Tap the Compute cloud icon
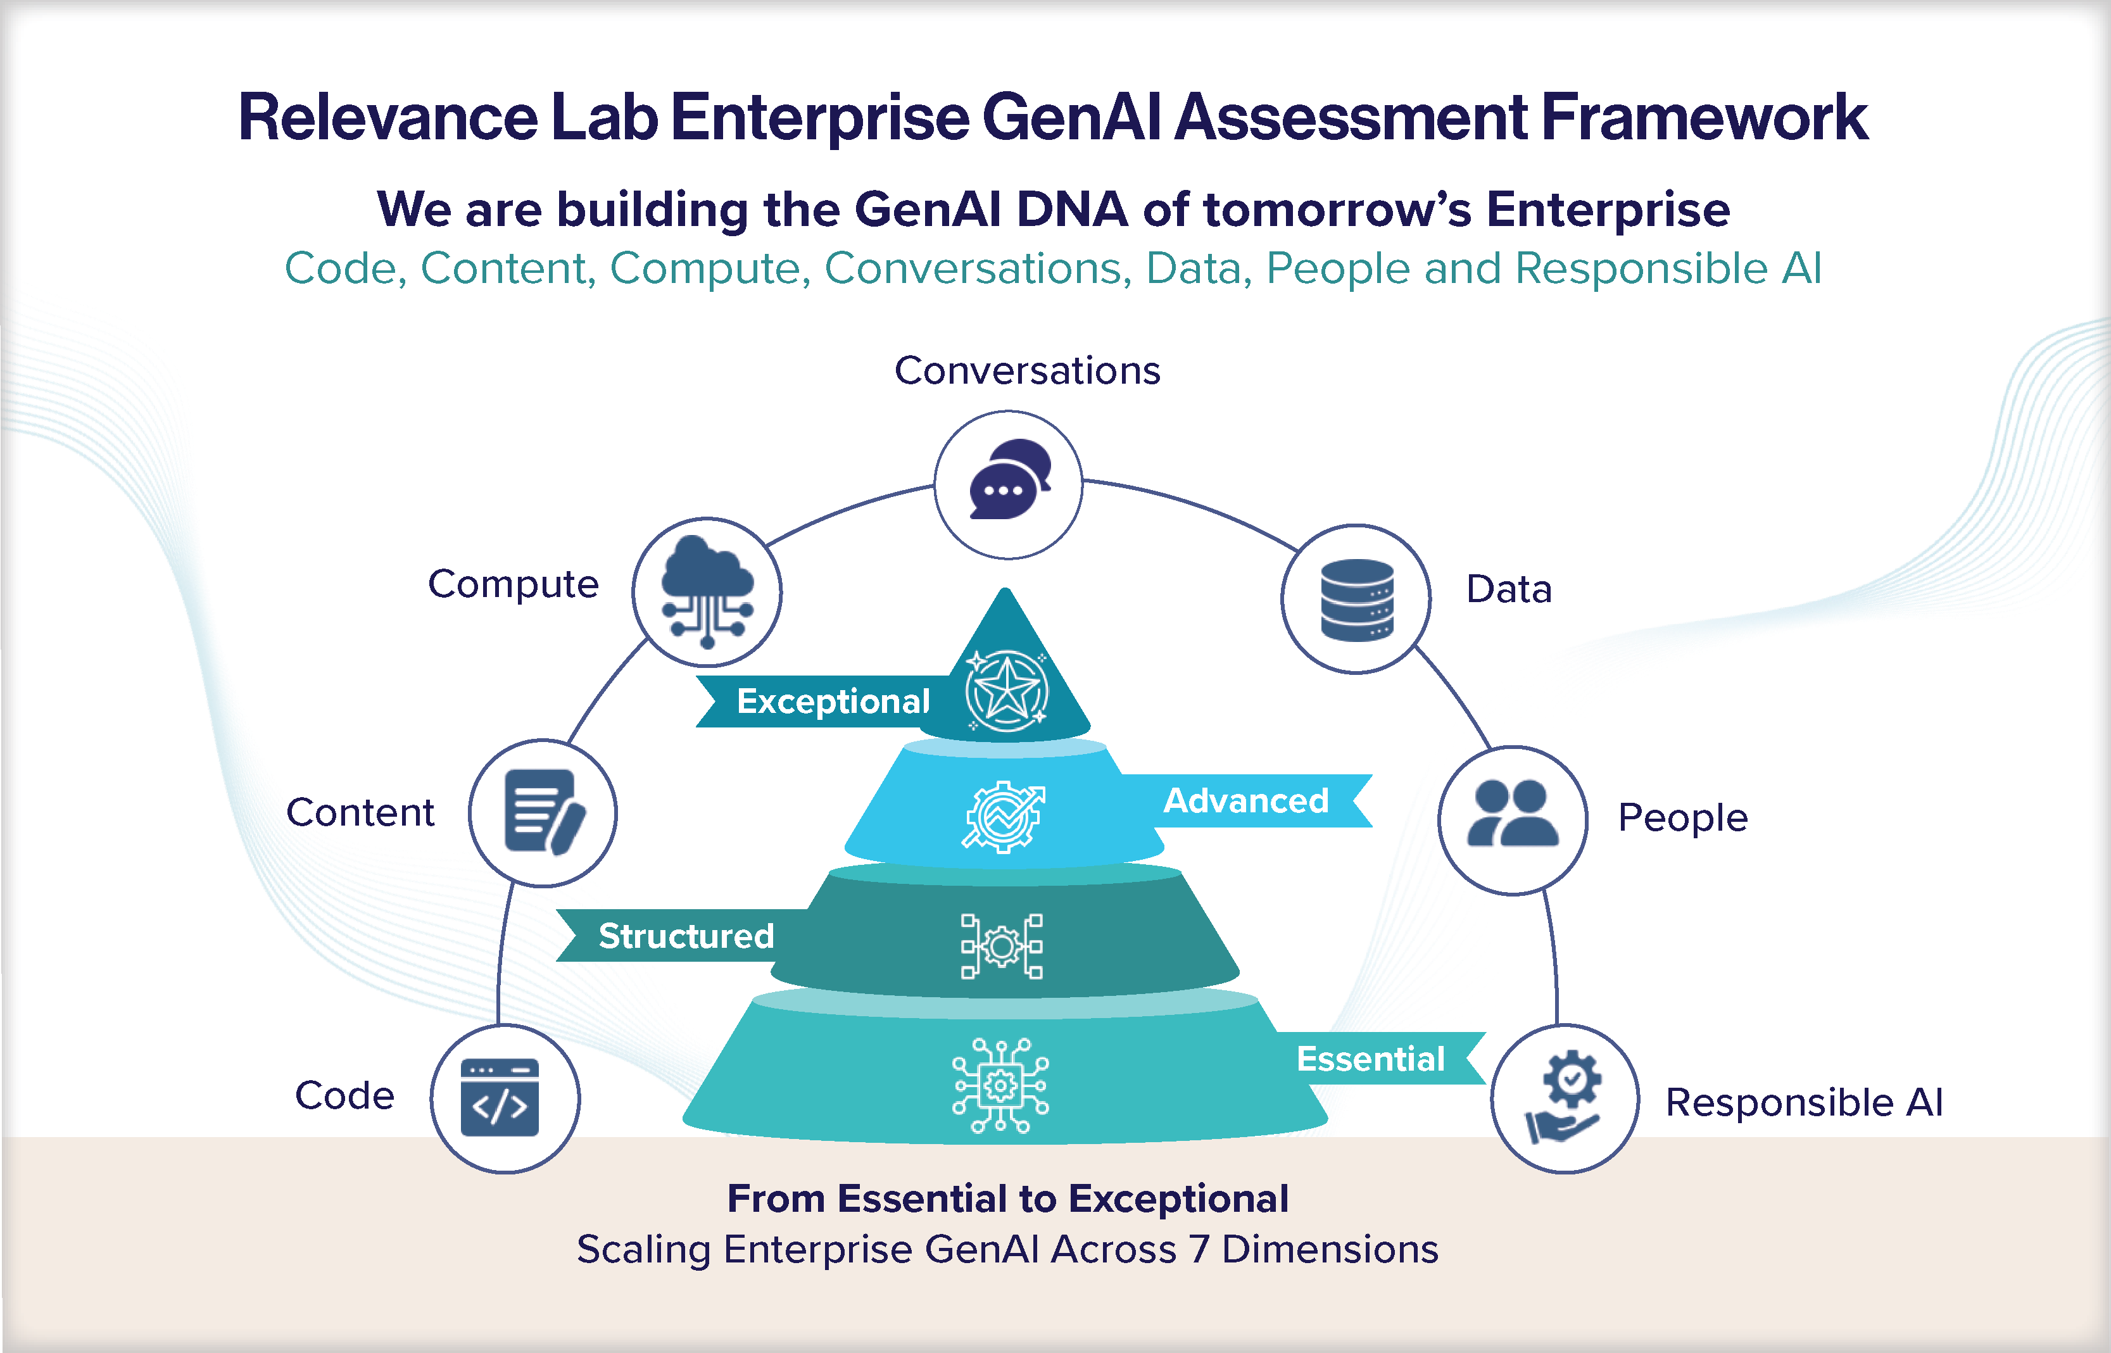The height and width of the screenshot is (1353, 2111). click(707, 591)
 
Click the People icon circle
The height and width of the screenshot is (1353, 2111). click(1513, 820)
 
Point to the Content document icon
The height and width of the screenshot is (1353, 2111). click(543, 813)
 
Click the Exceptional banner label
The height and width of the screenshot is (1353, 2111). click(833, 701)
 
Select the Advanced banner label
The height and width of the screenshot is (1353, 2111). click(1245, 800)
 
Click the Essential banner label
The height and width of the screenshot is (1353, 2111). click(1370, 1059)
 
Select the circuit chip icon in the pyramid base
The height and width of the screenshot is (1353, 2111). click(1000, 1086)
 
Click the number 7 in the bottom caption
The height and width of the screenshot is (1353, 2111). click(1198, 1249)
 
